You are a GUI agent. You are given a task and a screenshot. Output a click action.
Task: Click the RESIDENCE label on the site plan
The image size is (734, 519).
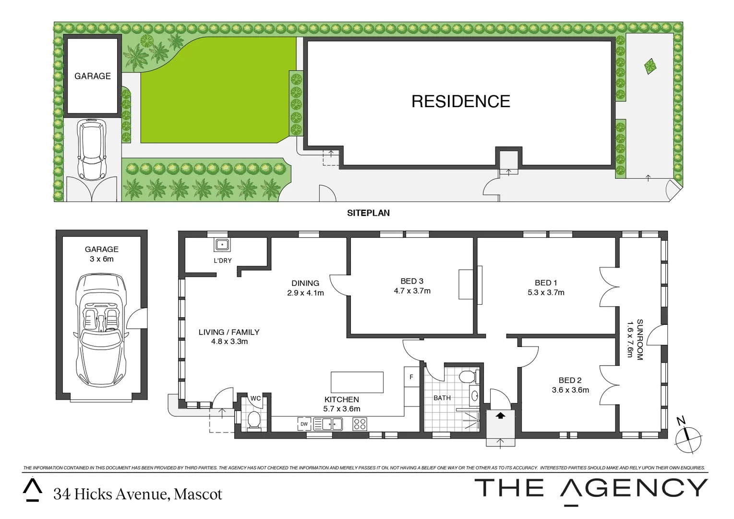[460, 101]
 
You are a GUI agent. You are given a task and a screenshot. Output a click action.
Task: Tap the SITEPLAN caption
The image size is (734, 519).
[368, 213]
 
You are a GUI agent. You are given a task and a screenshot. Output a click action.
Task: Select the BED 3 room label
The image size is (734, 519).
[412, 281]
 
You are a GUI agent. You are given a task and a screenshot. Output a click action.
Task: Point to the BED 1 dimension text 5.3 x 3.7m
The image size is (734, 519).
[546, 292]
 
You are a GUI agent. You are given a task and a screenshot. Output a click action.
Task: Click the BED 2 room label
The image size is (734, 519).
[570, 380]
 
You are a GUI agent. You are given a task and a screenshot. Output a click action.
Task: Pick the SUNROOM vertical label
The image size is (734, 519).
[640, 339]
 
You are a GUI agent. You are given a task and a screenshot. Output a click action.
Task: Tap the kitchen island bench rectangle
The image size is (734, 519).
[357, 382]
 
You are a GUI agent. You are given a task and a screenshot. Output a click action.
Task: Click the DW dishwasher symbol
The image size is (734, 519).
[304, 424]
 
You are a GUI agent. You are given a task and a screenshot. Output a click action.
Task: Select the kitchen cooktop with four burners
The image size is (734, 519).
[360, 424]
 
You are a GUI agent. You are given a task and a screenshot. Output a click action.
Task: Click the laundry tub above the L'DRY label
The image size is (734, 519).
[222, 245]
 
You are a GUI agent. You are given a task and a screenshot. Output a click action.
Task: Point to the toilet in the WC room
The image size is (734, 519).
[253, 420]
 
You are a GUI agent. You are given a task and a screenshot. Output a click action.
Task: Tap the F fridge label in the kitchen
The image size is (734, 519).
[411, 377]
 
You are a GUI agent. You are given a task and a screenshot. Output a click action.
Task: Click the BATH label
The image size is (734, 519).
[442, 398]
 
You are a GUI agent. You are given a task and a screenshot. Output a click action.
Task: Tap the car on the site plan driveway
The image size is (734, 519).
[91, 150]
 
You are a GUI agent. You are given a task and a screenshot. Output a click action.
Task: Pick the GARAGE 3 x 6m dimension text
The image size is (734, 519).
[101, 259]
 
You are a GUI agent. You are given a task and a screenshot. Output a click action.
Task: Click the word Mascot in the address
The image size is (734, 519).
[198, 494]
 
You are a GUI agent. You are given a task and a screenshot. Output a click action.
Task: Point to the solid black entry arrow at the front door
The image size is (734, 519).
[500, 415]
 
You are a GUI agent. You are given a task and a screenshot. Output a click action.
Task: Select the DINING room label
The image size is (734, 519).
[305, 283]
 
